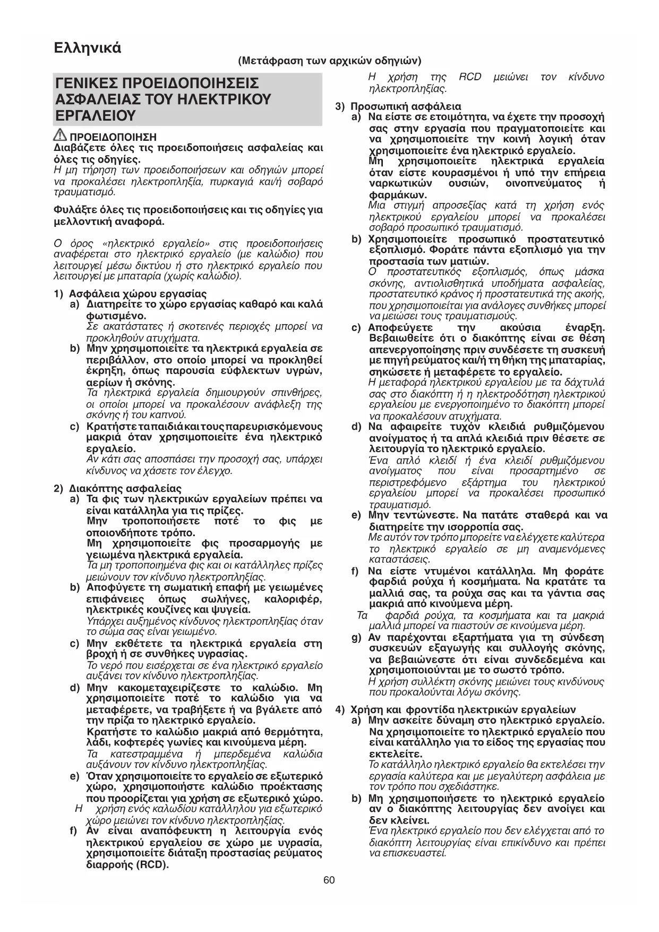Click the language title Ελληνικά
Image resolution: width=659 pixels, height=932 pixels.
88,48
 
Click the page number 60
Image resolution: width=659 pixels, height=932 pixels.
329,880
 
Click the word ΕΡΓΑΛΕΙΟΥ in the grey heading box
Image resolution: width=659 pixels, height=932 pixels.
96,116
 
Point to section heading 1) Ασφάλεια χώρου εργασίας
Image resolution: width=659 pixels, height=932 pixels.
131,293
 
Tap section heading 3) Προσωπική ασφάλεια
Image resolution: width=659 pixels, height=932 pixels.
399,106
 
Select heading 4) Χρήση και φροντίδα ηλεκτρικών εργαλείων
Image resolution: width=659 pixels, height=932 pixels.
456,709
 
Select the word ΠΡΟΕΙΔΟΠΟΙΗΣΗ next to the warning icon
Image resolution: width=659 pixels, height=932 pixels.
113,137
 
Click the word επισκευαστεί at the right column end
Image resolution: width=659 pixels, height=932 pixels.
418,854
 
